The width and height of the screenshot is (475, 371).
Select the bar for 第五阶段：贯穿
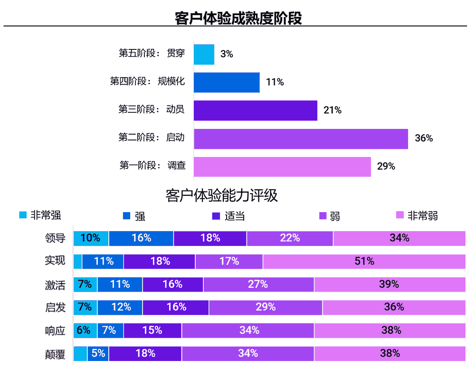(204, 54)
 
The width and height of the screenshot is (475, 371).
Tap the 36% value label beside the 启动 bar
(424, 138)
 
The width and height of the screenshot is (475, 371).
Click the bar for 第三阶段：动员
(255, 110)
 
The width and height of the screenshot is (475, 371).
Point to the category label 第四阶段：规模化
(147, 82)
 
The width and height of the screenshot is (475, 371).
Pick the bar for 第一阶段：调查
(282, 166)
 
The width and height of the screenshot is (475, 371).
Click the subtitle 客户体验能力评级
(221, 195)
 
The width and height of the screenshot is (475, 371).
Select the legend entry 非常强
(40, 215)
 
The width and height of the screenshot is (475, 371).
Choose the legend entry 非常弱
(417, 216)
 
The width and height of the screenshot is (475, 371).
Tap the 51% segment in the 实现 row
(364, 261)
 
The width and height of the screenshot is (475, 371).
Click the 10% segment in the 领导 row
(91, 238)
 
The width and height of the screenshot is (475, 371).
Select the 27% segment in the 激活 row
(258, 284)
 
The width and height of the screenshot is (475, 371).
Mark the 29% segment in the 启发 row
(266, 307)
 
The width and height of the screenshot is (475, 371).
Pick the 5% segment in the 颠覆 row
(98, 353)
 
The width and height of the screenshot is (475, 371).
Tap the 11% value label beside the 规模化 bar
(275, 82)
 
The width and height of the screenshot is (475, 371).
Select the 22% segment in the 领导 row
(290, 238)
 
